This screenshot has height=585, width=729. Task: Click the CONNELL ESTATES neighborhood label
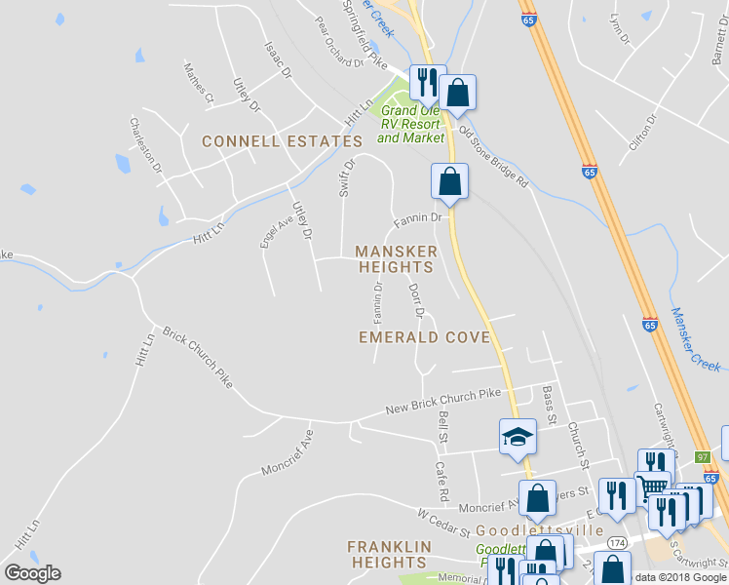282,142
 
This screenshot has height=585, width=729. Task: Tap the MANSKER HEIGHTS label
396,258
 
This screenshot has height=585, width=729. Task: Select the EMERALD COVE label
422,337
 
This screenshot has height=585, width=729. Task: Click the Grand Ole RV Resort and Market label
409,125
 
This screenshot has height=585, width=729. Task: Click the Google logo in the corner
31,573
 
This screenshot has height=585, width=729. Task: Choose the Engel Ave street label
277,231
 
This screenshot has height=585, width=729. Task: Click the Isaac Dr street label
278,59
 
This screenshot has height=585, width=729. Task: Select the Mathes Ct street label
199,83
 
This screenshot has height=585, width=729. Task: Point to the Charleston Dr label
147,146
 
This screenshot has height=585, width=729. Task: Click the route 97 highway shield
702,456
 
